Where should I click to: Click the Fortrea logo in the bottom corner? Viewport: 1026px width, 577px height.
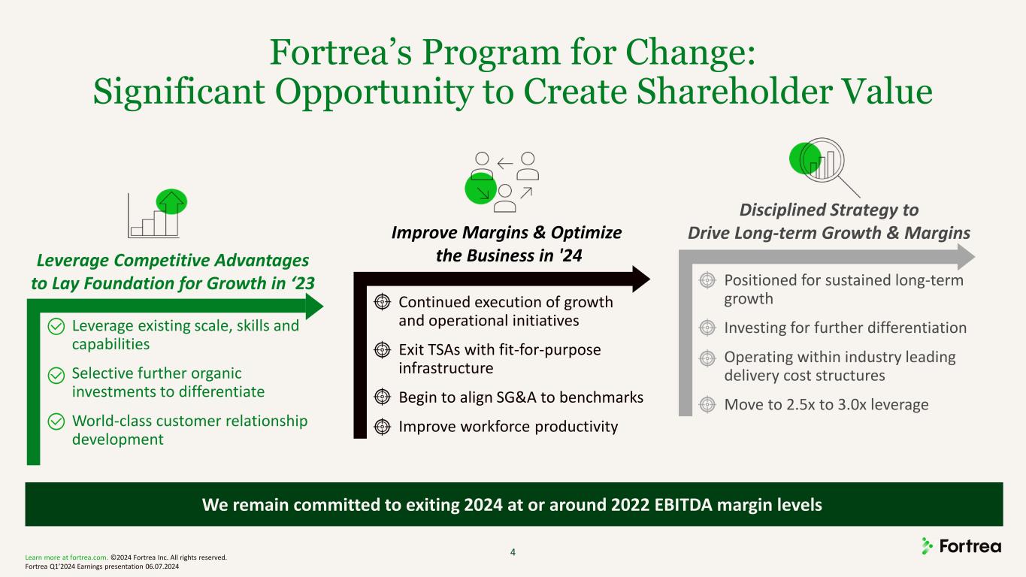[x=961, y=546]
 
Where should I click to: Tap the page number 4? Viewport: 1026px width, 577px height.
[x=513, y=552]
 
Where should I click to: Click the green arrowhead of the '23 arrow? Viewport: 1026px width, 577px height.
[x=314, y=306]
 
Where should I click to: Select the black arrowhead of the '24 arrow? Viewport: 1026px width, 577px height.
[x=641, y=279]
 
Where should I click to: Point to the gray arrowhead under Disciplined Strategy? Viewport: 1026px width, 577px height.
[x=966, y=257]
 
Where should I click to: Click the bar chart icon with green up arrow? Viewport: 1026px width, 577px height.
[x=157, y=213]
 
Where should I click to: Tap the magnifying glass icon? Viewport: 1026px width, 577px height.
[x=824, y=167]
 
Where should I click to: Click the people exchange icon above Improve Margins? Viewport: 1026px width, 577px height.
[x=502, y=182]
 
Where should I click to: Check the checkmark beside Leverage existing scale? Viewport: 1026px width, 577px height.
[x=56, y=327]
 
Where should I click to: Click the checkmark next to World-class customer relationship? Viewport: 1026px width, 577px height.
[x=56, y=421]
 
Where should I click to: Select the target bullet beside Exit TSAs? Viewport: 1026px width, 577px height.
[x=382, y=350]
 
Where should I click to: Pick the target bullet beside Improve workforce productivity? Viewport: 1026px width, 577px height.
[x=382, y=427]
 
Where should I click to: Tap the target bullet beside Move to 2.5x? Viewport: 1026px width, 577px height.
[x=707, y=405]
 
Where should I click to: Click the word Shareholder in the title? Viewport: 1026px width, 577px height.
[x=734, y=91]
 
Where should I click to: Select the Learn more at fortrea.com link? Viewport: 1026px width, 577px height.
[x=66, y=557]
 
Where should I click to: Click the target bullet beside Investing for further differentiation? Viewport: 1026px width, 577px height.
[x=707, y=328]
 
